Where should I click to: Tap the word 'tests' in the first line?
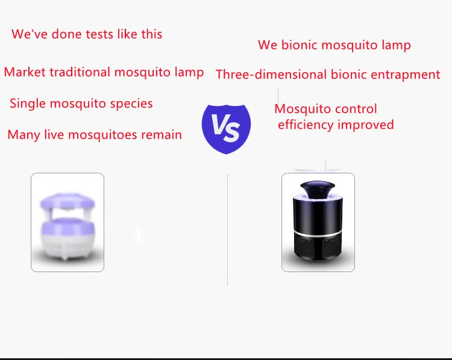(97, 34)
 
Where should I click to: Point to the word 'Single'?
(27, 104)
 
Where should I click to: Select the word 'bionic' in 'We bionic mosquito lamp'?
(301, 45)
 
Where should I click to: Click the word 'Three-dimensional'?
(271, 75)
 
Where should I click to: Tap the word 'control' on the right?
(356, 109)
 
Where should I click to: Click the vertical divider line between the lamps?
(227, 229)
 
